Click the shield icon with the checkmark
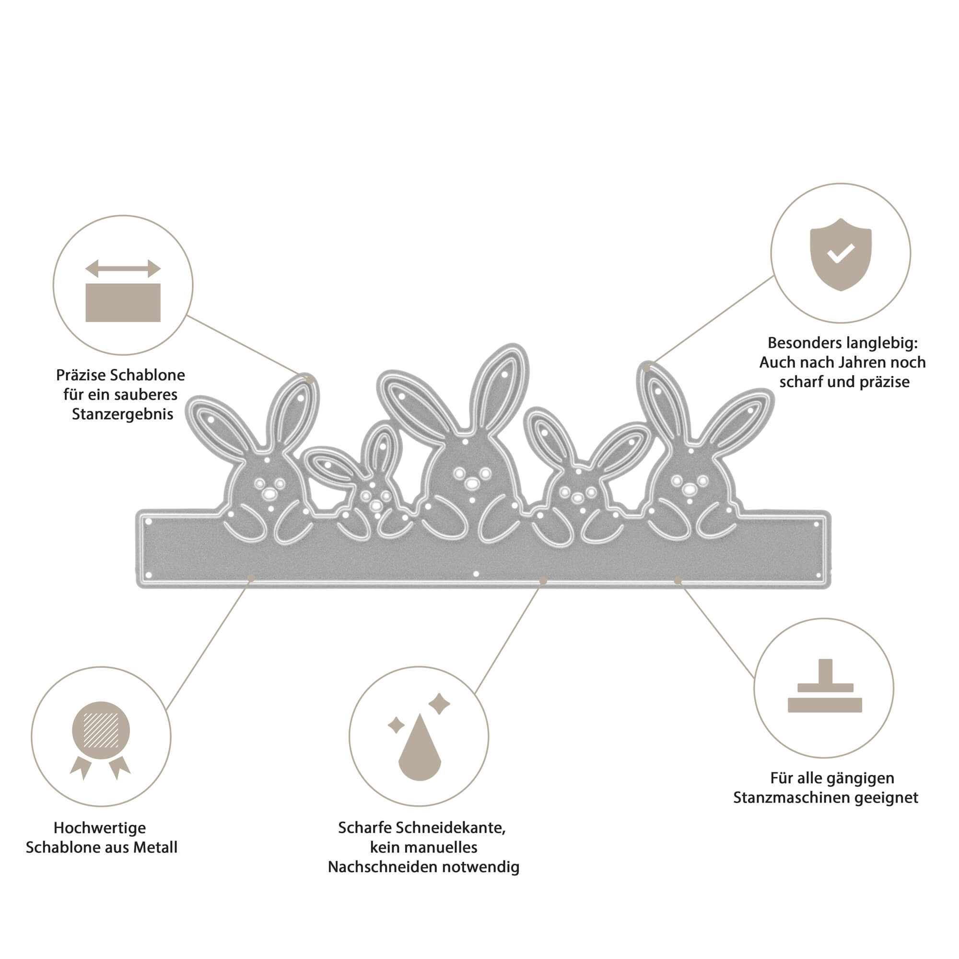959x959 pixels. tap(841, 254)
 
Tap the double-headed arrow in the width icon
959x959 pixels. tap(123, 269)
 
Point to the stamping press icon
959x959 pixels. tap(824, 687)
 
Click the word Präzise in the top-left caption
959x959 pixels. tap(80, 375)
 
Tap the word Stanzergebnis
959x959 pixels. tap(123, 414)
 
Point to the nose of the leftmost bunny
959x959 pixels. tap(269, 492)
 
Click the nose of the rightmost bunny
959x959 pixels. tap(689, 489)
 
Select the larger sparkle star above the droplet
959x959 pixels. tap(439, 703)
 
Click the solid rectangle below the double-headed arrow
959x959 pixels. tap(123, 302)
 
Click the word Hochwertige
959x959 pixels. tap(100, 828)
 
